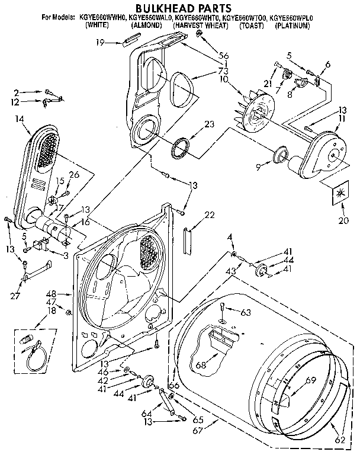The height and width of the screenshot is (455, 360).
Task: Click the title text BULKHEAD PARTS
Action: (180, 9)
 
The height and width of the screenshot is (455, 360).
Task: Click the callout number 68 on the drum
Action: (201, 365)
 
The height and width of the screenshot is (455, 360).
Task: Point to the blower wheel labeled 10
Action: (255, 115)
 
